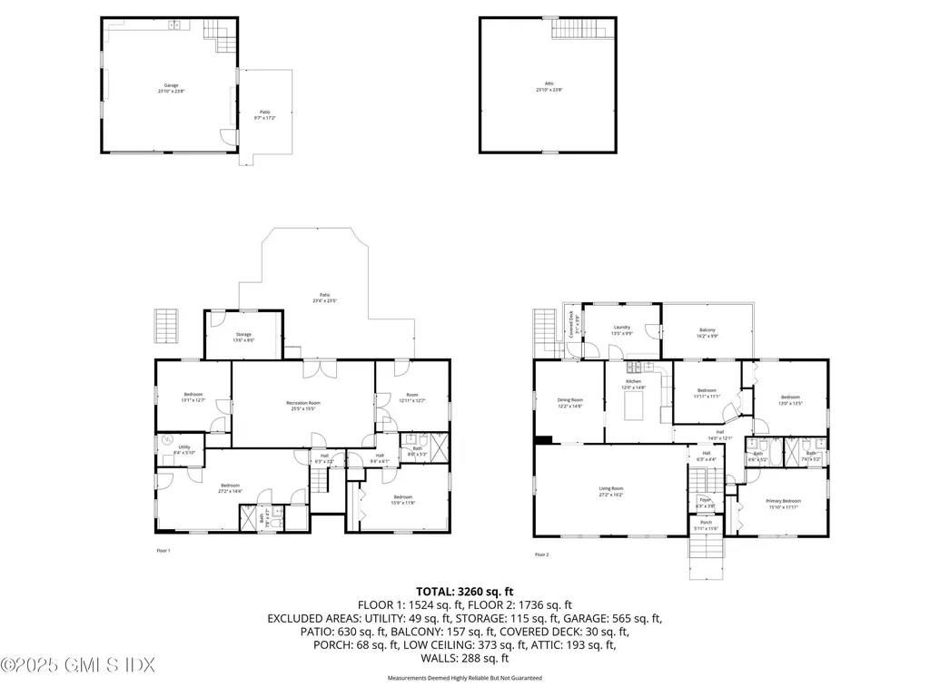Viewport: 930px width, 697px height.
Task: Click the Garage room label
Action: [168, 89]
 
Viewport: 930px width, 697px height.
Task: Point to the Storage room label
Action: [242, 337]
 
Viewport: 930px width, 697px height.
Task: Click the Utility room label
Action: [184, 449]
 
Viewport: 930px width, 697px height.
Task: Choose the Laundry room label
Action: [621, 329]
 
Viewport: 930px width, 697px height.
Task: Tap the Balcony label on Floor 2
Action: [707, 332]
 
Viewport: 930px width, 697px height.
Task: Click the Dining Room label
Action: [569, 402]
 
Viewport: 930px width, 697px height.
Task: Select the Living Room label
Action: [610, 491]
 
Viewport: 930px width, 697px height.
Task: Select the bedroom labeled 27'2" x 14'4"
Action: [229, 488]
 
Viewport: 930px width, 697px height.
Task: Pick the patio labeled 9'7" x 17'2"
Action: [264, 115]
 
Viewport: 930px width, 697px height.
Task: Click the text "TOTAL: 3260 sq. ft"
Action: [464, 591]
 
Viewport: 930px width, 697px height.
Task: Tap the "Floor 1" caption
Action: [163, 551]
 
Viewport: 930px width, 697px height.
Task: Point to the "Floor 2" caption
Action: [542, 555]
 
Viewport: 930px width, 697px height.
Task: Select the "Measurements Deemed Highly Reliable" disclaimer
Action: [464, 678]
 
